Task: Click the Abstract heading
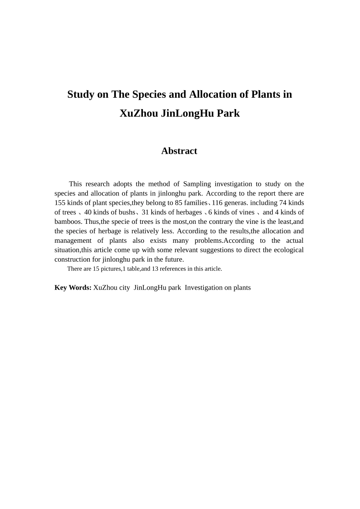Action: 179,151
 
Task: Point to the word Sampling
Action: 197,184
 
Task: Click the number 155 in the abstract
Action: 60,203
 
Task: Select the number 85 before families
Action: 178,203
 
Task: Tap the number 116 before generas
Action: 217,203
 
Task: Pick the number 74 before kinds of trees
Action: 283,203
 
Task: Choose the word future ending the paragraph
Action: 174,260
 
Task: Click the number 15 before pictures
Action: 96,269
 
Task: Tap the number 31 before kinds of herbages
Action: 145,212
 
